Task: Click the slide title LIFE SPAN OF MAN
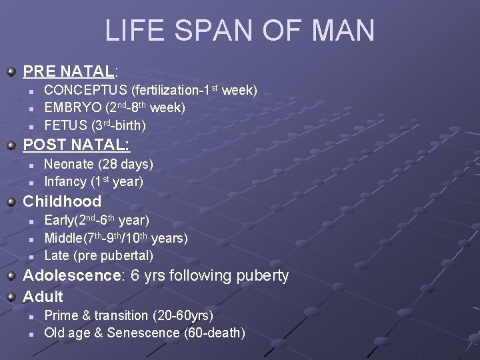point(239,31)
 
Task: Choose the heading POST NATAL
point(76,145)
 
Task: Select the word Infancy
point(65,181)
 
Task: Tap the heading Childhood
point(62,201)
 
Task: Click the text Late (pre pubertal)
point(99,255)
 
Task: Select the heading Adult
point(43,297)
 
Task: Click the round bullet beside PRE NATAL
point(11,71)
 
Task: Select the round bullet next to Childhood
point(11,201)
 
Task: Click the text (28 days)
point(126,164)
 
